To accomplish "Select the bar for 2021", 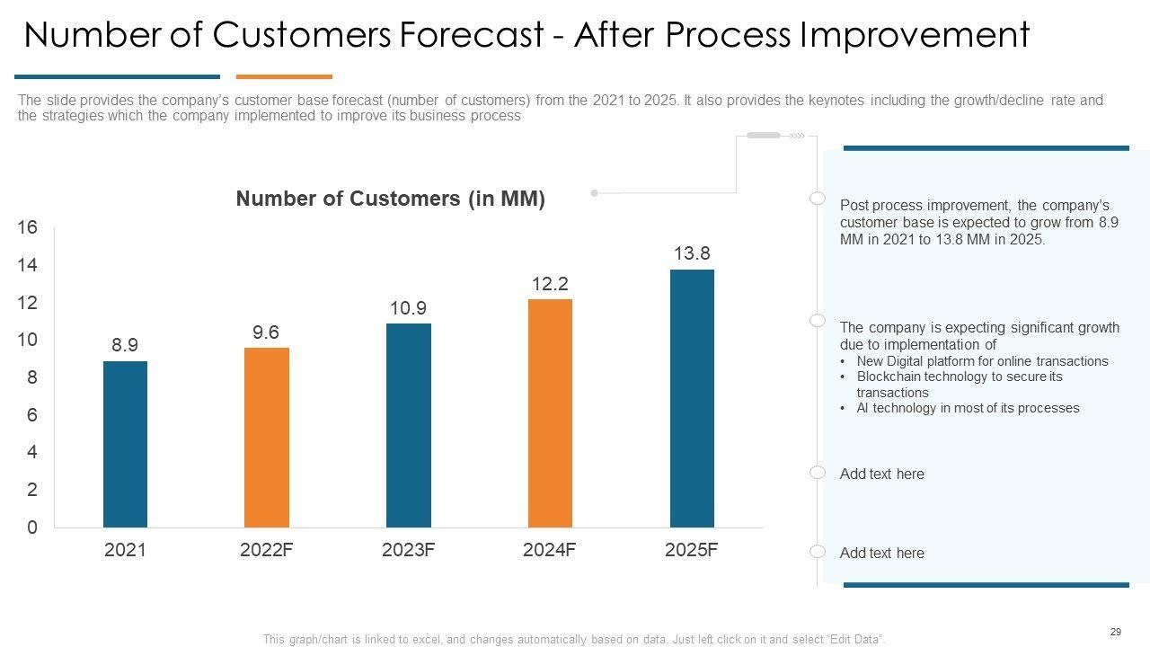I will (125, 444).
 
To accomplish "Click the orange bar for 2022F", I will (267, 438).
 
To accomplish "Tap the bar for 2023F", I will (408, 425).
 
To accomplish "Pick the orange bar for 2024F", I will (550, 413).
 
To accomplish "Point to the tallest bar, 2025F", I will (692, 398).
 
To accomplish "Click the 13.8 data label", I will (692, 254).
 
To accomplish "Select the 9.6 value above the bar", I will (266, 332).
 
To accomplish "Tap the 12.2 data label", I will (550, 284).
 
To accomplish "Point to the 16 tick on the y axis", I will (28, 227).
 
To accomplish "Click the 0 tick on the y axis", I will (32, 527).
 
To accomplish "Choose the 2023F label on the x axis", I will (408, 550).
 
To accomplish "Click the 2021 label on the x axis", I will (125, 550).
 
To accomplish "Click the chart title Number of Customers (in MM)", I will (390, 199).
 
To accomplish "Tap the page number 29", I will (1115, 632).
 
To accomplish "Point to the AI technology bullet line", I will (968, 408).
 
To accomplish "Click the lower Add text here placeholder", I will (881, 554).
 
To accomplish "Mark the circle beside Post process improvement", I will (818, 199).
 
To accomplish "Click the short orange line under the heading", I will (284, 77).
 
